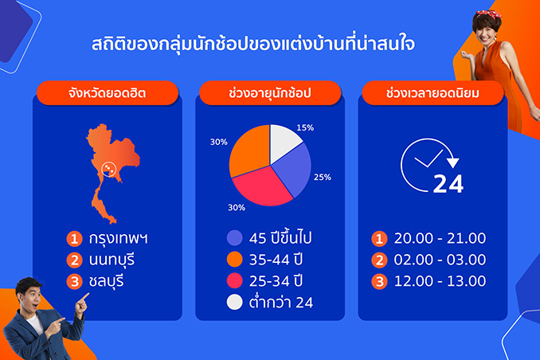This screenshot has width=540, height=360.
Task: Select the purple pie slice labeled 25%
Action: point(293,170)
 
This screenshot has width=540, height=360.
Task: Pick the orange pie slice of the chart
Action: point(248,150)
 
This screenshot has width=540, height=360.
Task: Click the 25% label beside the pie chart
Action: point(323,177)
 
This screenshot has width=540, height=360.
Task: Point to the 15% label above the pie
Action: point(305,127)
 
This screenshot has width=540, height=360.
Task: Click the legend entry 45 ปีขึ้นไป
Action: point(280,237)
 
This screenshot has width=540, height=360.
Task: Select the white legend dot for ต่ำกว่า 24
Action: point(234,302)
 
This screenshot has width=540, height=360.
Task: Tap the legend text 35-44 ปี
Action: point(276,260)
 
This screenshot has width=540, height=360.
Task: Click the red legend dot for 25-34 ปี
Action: point(234,280)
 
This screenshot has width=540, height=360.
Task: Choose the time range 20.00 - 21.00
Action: point(440,238)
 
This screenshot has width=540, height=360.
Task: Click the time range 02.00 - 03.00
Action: point(440,260)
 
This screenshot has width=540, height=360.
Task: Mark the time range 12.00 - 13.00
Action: point(440,281)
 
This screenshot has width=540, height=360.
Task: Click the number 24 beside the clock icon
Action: point(448,184)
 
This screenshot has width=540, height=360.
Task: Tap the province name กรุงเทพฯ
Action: point(118,238)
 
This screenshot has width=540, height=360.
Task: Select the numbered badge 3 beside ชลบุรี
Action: point(74,281)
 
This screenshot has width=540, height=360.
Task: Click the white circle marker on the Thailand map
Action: point(109,169)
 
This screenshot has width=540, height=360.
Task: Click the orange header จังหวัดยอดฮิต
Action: point(108,93)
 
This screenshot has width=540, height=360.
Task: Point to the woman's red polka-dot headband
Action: point(487,14)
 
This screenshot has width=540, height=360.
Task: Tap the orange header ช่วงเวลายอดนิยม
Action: point(433,93)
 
